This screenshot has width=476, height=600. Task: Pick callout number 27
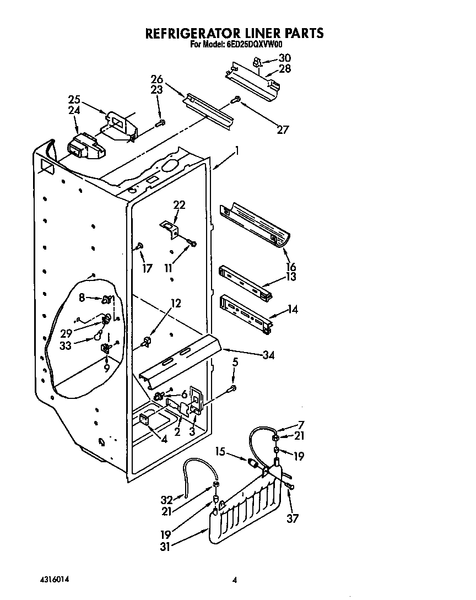point(283,130)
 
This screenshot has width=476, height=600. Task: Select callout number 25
point(74,100)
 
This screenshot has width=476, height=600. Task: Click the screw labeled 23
point(160,123)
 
